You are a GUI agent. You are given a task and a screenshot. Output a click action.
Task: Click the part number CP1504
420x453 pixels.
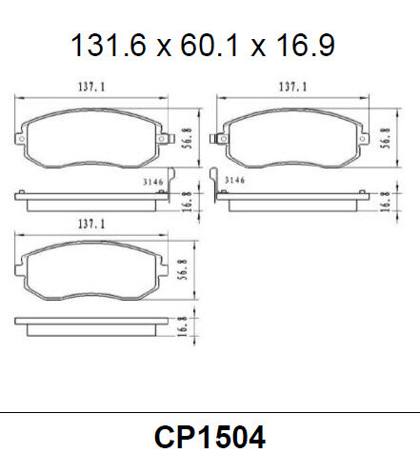210,435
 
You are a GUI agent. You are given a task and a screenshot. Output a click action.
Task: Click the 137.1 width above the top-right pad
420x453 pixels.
291,87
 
